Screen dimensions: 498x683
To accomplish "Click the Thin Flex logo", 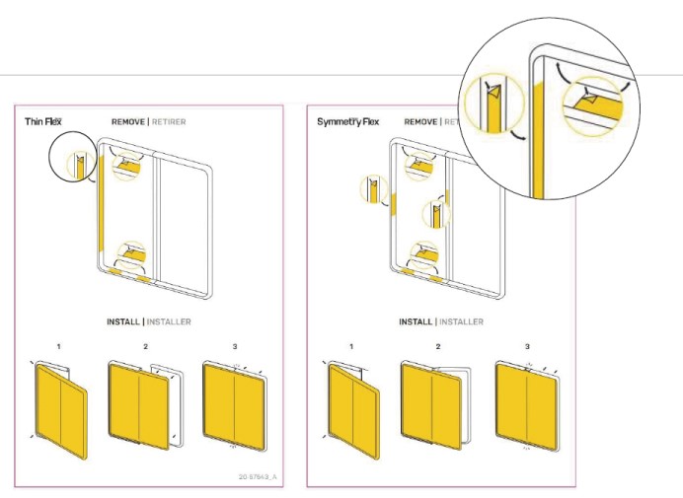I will click(x=44, y=122).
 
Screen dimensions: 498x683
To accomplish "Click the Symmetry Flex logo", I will click(x=347, y=122).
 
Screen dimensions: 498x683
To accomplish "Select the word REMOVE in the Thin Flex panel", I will click(x=129, y=122).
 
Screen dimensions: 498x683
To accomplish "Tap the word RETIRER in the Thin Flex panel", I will click(x=169, y=122).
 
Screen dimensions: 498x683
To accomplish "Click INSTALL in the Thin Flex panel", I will click(x=123, y=322).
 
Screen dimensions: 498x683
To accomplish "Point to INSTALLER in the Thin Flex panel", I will click(x=168, y=322).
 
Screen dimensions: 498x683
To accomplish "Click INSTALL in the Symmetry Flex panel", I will click(x=416, y=322).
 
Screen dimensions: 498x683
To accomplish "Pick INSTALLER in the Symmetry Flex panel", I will click(x=460, y=322).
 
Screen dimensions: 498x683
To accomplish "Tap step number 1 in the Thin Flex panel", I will click(x=59, y=347).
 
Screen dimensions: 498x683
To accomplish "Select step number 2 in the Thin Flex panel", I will click(x=145, y=347).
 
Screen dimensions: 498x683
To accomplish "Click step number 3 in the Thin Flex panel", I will click(x=235, y=347).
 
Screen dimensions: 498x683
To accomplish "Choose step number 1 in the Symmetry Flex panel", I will click(x=352, y=347).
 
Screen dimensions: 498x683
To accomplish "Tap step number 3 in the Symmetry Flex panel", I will click(x=527, y=347).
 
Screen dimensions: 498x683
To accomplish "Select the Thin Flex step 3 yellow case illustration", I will click(x=234, y=404).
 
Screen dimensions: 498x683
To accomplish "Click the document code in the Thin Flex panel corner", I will click(x=259, y=476).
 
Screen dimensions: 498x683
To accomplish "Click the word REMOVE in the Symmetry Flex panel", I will click(x=421, y=122).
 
